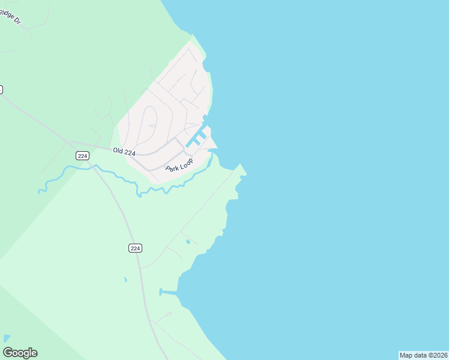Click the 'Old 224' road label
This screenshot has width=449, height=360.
pos(124,152)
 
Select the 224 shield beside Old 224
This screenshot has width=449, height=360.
pos(83,155)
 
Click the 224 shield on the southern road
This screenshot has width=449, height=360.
pos(135,248)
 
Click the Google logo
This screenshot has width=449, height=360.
pos(20,353)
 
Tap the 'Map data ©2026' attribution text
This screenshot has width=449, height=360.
pos(423,355)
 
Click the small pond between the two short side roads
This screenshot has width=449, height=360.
pos(188,242)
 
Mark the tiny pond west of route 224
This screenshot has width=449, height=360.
pos(125,280)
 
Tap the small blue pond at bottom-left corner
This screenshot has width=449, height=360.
pos(7,338)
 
